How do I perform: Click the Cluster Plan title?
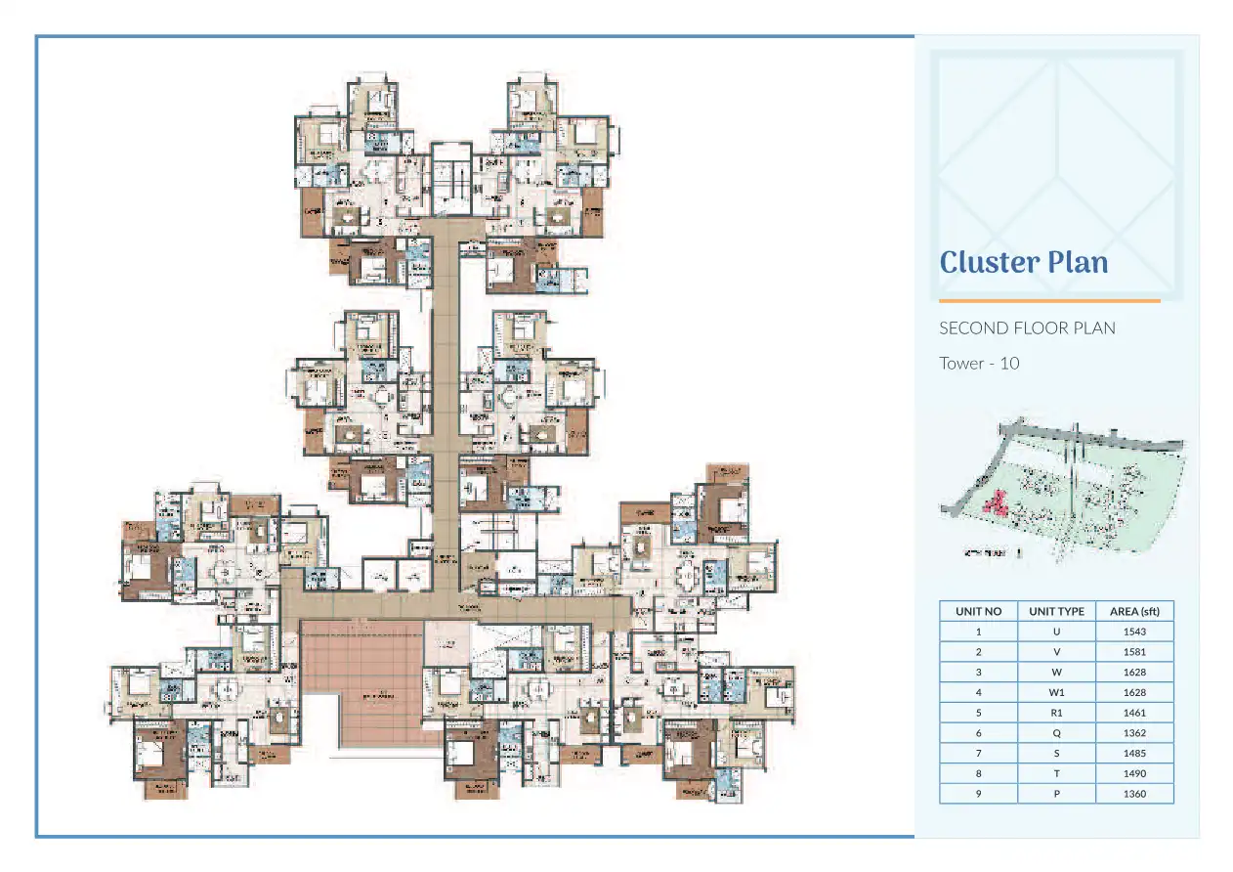(x=1023, y=262)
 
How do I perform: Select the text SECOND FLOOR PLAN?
(x=1026, y=327)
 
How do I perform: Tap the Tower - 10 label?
(x=979, y=363)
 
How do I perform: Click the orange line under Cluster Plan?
(x=1048, y=301)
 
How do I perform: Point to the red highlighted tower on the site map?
(x=997, y=504)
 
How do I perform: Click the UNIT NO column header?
(x=978, y=611)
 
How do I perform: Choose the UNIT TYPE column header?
(x=1056, y=611)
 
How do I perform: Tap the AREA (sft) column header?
(x=1134, y=611)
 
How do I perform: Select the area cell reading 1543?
(x=1134, y=632)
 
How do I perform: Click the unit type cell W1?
(x=1056, y=692)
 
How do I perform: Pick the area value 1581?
(x=1134, y=652)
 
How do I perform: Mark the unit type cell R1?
(x=1056, y=713)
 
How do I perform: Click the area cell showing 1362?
(x=1134, y=733)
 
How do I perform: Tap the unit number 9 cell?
(x=978, y=794)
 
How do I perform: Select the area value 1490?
(x=1134, y=773)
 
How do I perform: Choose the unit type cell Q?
(x=1056, y=733)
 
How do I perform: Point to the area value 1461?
(x=1134, y=713)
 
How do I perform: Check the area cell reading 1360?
(x=1134, y=794)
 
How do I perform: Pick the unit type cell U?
(x=1056, y=632)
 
